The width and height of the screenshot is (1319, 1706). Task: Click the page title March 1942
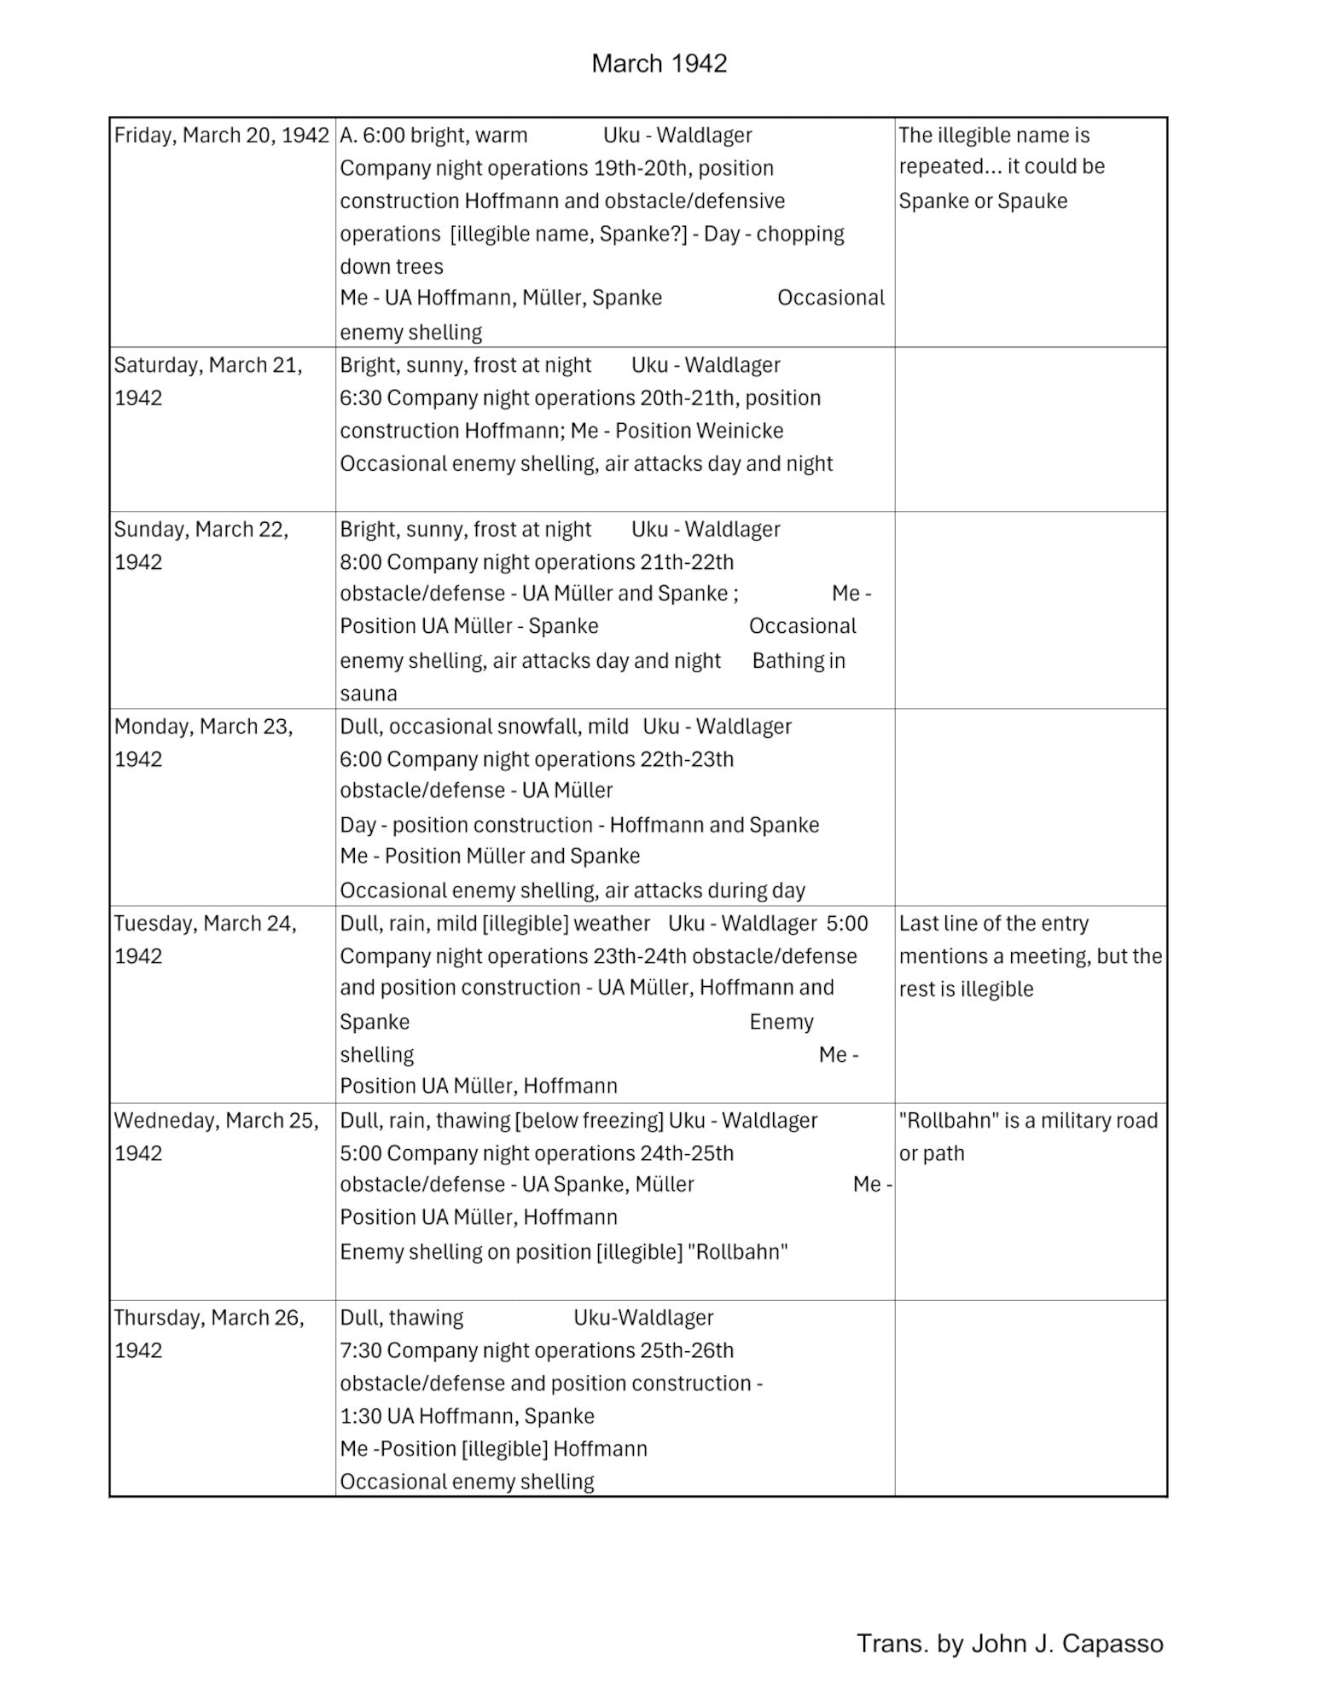tap(659, 63)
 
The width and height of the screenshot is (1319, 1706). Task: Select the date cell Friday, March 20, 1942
tap(221, 135)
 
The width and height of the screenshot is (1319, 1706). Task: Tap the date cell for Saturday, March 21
tap(208, 380)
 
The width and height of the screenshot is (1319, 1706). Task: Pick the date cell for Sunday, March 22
tap(201, 545)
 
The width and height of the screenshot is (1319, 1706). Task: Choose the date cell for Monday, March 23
tap(203, 742)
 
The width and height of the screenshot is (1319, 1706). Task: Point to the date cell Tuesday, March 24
tap(205, 939)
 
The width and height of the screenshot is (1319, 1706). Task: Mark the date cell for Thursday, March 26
tap(209, 1333)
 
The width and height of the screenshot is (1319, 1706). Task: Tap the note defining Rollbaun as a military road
tap(1028, 1136)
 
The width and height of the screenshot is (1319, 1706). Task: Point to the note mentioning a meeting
tap(1030, 955)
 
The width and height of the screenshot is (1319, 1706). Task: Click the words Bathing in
tap(799, 661)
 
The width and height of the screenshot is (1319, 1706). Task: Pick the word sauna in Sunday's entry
tap(369, 693)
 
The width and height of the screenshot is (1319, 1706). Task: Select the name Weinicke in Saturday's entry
tap(741, 431)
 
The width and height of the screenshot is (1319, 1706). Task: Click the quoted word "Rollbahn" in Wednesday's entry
tap(737, 1251)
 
